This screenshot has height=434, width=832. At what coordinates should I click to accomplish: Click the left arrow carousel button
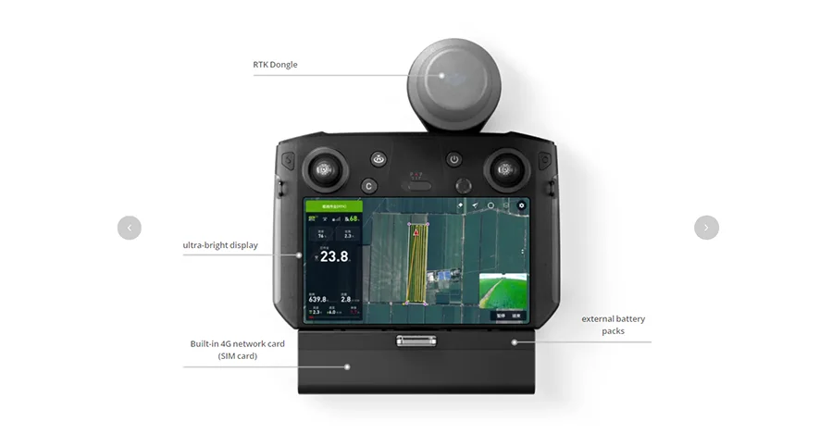pyautogui.click(x=130, y=228)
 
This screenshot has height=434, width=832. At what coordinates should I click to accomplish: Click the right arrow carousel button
pyautogui.click(x=706, y=228)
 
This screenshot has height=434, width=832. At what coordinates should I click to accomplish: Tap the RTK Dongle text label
pyautogui.click(x=276, y=65)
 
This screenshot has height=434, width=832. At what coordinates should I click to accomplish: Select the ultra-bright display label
pyautogui.click(x=220, y=245)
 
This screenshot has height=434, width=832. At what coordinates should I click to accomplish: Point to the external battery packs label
pyautogui.click(x=614, y=325)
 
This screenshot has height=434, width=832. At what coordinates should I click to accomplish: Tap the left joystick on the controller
pyautogui.click(x=323, y=169)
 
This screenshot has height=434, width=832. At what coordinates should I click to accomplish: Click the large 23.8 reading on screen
pyautogui.click(x=333, y=256)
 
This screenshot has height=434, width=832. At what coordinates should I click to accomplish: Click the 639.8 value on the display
pyautogui.click(x=318, y=299)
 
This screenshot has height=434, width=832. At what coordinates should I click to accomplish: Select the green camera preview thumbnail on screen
pyautogui.click(x=503, y=290)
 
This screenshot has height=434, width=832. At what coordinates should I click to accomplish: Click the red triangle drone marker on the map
pyautogui.click(x=417, y=233)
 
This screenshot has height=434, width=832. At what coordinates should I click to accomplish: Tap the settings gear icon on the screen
pyautogui.click(x=521, y=205)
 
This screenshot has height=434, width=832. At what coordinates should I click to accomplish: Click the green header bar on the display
pyautogui.click(x=327, y=205)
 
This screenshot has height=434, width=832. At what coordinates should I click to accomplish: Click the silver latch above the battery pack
pyautogui.click(x=416, y=341)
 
